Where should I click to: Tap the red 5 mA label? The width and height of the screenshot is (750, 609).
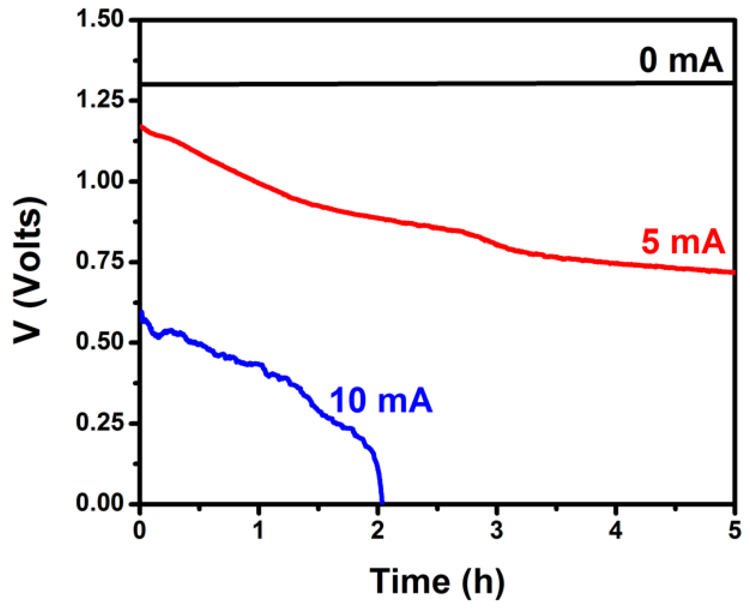(x=683, y=242)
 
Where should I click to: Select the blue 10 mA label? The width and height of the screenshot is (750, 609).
(x=381, y=401)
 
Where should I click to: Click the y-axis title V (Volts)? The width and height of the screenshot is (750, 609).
(x=30, y=270)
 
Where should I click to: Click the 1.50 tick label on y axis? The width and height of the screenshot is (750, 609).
(x=100, y=20)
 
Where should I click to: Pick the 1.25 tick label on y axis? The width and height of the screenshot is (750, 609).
(x=100, y=100)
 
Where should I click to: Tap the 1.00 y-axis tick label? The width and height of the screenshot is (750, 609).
(x=100, y=181)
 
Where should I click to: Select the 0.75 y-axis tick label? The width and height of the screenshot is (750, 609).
(x=100, y=261)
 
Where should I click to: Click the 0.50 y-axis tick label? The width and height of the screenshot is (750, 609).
(x=100, y=342)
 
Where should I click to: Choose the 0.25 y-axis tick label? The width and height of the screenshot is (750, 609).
(x=100, y=422)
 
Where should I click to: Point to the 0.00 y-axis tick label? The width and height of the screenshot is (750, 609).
(x=100, y=503)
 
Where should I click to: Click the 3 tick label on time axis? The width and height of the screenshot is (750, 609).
(x=497, y=531)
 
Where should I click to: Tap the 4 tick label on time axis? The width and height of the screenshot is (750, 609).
(x=615, y=531)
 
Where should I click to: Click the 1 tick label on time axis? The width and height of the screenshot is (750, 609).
(x=259, y=531)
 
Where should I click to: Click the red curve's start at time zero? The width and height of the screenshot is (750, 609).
(x=141, y=127)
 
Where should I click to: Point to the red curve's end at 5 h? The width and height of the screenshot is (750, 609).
(x=734, y=272)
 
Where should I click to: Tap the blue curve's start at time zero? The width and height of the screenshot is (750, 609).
(x=141, y=312)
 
